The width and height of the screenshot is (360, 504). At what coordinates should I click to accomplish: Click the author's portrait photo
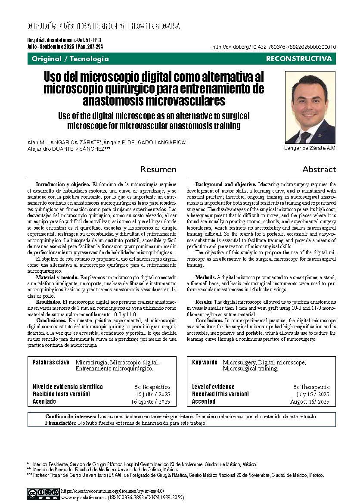coord(310,107)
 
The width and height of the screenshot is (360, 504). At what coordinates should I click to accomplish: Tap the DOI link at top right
coord(275,47)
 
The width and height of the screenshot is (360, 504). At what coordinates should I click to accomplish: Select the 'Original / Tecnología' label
coord(70,59)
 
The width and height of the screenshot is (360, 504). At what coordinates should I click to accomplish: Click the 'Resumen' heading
coord(159,169)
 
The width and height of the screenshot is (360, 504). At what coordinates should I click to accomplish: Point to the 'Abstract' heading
coord(319,169)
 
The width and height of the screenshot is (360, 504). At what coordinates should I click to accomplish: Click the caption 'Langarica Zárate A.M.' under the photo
coord(310,148)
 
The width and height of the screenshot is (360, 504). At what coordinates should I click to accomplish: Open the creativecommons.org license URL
coord(113,491)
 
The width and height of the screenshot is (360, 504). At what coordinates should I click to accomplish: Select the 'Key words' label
coord(205,362)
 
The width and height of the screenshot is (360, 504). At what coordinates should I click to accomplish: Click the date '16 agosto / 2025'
coord(150,402)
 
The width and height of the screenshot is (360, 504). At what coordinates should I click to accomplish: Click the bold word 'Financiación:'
coord(61,423)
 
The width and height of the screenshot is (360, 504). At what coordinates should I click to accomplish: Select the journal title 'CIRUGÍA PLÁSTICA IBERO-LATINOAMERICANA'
coord(103,26)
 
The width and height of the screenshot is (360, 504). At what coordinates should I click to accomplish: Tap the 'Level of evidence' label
coord(213,387)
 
